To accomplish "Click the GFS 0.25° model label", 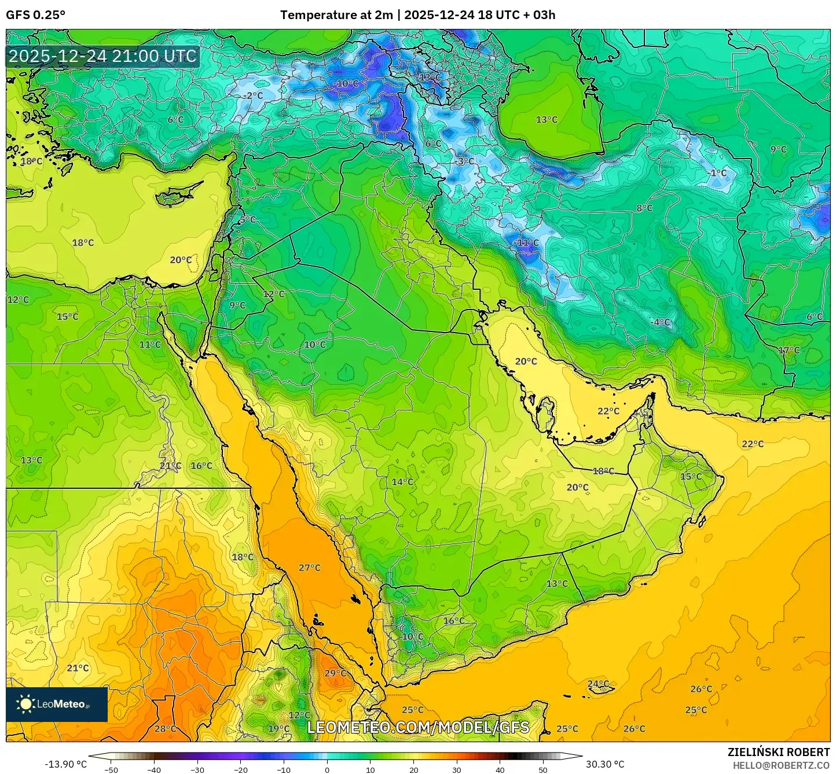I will click(x=36, y=15).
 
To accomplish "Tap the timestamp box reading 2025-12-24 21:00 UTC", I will click(x=102, y=56).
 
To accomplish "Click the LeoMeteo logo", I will click(x=57, y=704).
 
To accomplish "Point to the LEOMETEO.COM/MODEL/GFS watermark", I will click(x=418, y=727).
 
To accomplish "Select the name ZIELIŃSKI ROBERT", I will click(x=778, y=752).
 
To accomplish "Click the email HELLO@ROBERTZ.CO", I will click(x=781, y=765).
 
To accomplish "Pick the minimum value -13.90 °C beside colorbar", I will click(x=65, y=764).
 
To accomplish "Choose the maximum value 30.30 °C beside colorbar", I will click(x=605, y=764).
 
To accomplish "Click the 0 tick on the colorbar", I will click(x=327, y=769).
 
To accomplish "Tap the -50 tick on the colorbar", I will click(x=111, y=769).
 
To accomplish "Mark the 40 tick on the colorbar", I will click(x=500, y=769).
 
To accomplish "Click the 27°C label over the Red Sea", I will click(x=310, y=567).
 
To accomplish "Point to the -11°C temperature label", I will click(x=526, y=242).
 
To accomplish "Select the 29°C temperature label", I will click(x=335, y=673).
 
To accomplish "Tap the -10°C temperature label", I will click(x=346, y=83).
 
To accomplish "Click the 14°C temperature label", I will click(x=402, y=482).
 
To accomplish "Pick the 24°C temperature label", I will click(x=598, y=684).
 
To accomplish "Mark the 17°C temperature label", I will click(x=789, y=350).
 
